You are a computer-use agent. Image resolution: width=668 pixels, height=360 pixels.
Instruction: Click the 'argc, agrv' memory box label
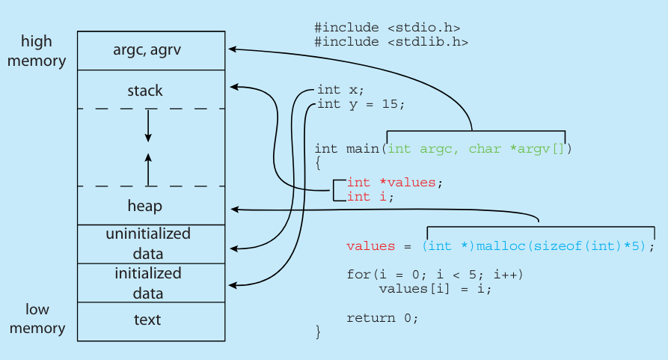pyautogui.click(x=147, y=50)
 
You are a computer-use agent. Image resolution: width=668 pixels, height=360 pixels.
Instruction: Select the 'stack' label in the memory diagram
pyautogui.click(x=145, y=91)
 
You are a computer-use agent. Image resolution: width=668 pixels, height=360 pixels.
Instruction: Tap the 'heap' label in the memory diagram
pyautogui.click(x=145, y=205)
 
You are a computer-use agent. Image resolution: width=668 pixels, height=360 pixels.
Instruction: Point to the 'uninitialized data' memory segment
pyautogui.click(x=147, y=243)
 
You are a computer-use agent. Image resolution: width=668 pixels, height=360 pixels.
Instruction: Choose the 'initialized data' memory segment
pyautogui.click(x=147, y=283)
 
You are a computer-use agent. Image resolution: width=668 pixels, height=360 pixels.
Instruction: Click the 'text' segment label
pyautogui.click(x=147, y=320)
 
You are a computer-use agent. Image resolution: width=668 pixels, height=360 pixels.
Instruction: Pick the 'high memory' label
pyautogui.click(x=36, y=50)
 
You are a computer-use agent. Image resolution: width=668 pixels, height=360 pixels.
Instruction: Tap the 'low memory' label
pyautogui.click(x=37, y=318)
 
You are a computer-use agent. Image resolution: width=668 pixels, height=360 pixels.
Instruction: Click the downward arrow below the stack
pyautogui.click(x=148, y=126)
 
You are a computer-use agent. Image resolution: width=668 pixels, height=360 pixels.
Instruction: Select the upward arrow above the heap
pyautogui.click(x=148, y=168)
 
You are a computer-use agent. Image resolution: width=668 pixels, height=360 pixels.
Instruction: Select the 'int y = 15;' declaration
pyautogui.click(x=361, y=104)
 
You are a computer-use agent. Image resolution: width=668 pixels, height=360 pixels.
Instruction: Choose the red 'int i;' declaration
pyautogui.click(x=370, y=196)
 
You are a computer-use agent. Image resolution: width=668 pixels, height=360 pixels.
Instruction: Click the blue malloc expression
pyautogui.click(x=538, y=246)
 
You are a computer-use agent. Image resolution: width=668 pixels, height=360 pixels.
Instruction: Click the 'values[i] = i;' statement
pyautogui.click(x=435, y=288)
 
